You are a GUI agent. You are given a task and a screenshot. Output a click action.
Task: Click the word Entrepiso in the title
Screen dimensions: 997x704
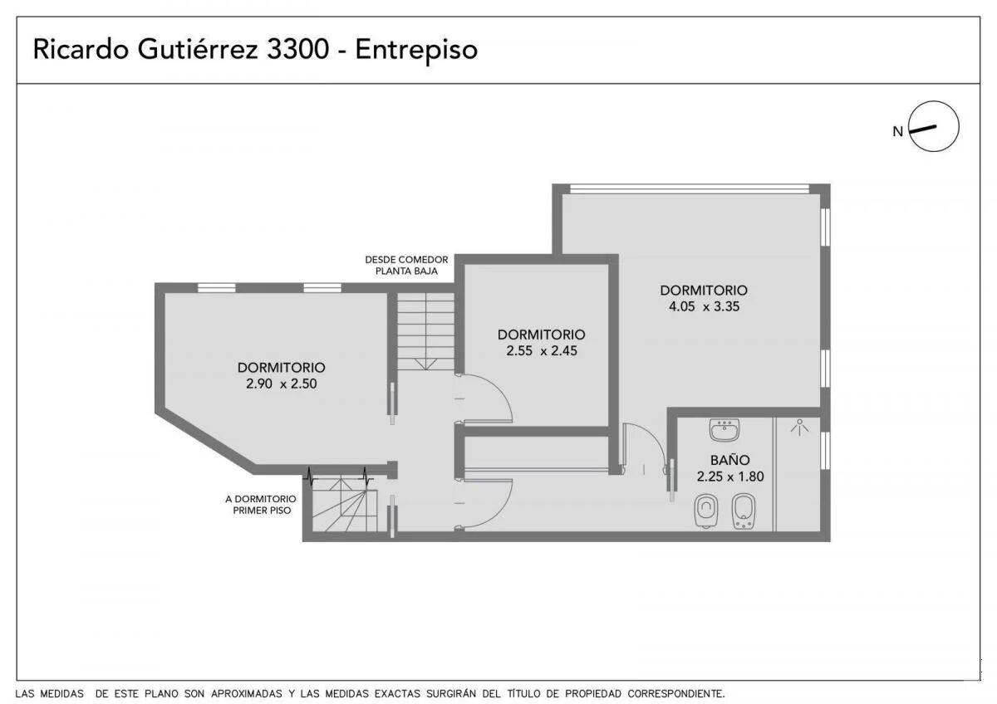pyautogui.click(x=416, y=50)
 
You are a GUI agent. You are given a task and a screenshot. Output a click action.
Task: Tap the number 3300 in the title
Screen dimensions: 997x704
pyautogui.click(x=297, y=49)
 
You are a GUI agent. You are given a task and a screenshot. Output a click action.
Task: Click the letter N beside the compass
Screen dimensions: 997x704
pyautogui.click(x=898, y=132)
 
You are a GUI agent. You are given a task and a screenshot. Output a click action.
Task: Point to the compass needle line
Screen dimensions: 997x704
pyautogui.click(x=923, y=130)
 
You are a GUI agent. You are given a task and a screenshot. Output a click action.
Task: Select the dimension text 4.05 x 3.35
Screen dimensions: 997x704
pyautogui.click(x=705, y=306)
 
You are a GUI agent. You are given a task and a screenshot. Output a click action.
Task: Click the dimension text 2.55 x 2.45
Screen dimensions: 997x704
pyautogui.click(x=542, y=351)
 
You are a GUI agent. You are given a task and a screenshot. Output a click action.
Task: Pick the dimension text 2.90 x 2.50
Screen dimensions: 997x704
pyautogui.click(x=282, y=384)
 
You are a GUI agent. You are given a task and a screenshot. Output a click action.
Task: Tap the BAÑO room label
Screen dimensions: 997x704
pyautogui.click(x=730, y=459)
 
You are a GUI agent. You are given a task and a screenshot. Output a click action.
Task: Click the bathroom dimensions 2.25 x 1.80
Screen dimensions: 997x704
pyautogui.click(x=730, y=477)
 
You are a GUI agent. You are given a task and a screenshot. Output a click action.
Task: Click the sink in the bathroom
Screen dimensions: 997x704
pyautogui.click(x=724, y=429)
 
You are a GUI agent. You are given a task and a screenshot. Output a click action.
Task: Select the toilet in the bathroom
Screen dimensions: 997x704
pyautogui.click(x=706, y=511)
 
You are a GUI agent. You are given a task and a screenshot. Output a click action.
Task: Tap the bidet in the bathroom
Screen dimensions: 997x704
pyautogui.click(x=744, y=511)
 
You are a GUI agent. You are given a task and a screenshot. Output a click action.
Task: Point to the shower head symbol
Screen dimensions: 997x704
pyautogui.click(x=799, y=427)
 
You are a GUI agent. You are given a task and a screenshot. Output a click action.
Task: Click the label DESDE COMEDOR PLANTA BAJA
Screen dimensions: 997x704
pyautogui.click(x=406, y=265)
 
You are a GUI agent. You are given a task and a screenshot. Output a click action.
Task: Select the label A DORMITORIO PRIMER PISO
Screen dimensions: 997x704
pyautogui.click(x=261, y=505)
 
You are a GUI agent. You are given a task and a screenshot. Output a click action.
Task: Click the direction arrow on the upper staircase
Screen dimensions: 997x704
pyautogui.click(x=425, y=364)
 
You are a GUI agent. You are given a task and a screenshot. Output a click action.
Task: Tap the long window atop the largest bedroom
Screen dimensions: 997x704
pyautogui.click(x=690, y=189)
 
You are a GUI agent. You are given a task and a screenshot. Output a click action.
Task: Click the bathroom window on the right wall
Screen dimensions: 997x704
pyautogui.click(x=825, y=451)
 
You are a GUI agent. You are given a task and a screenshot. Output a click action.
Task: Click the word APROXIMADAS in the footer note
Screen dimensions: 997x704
pyautogui.click(x=247, y=693)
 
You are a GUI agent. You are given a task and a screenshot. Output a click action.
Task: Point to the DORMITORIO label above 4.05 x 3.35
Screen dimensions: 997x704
pyautogui.click(x=704, y=291)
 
